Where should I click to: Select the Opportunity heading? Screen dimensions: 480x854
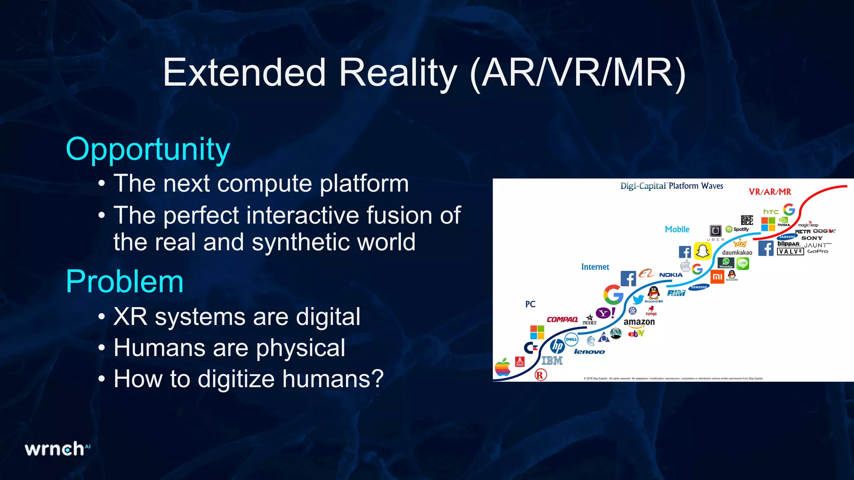point(148,150)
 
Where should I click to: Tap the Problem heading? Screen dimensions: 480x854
point(125,282)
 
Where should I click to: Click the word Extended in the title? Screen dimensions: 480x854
point(244,73)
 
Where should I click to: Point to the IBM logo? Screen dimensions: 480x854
point(552,361)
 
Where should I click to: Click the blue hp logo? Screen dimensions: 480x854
point(557,345)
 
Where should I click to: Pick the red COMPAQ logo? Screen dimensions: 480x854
point(562,320)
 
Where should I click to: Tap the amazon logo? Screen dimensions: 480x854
point(639,322)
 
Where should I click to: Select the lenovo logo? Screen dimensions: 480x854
point(589,352)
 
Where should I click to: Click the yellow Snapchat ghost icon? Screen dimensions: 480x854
point(703,251)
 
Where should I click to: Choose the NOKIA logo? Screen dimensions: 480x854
point(671,275)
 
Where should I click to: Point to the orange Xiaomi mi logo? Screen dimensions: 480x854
point(717,277)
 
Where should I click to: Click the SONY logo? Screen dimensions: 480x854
point(812,238)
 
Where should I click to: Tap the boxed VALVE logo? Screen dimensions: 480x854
point(790,252)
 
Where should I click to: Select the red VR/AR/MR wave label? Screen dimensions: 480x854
point(770,192)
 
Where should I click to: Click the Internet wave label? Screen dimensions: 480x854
point(595,267)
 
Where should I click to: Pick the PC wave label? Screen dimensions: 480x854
point(530,304)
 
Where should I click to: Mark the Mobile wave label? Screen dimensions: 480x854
point(677,230)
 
